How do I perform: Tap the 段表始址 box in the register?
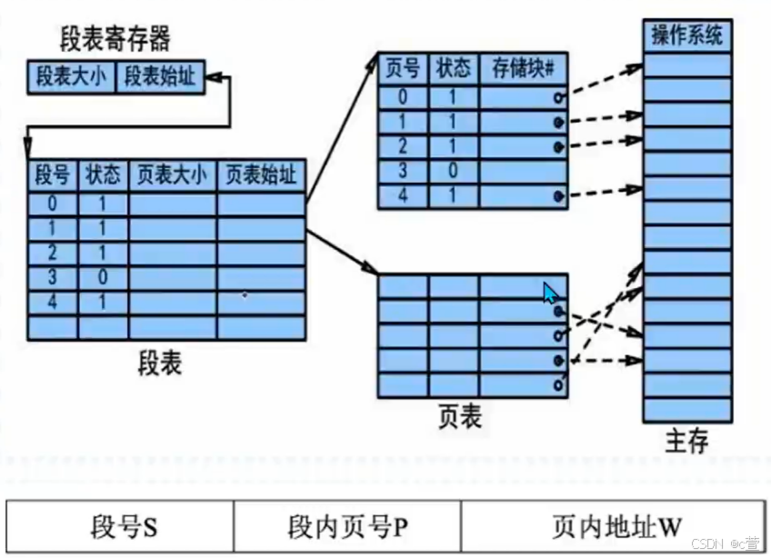[160, 77]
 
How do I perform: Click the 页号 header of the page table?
[403, 68]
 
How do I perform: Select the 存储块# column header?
[523, 68]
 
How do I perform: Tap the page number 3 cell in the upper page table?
[403, 171]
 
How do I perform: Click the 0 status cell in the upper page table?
[453, 171]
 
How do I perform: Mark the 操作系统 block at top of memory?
[686, 36]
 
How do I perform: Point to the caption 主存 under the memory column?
[686, 442]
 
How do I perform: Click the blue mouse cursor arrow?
[550, 294]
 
